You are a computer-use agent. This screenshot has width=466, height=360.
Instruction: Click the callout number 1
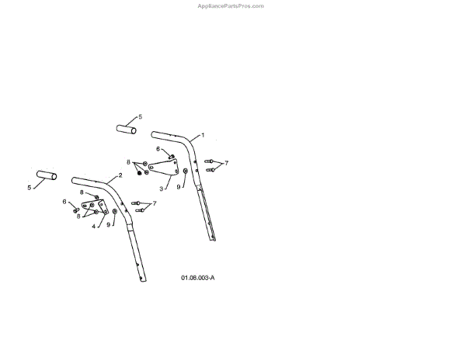[x=203, y=135]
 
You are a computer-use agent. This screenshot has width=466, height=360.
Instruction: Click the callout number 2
[x=120, y=176]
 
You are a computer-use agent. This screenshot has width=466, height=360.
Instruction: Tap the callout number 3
[x=161, y=188]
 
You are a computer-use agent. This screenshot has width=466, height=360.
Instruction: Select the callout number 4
[x=93, y=227]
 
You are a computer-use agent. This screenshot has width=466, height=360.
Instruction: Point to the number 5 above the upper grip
[x=141, y=117]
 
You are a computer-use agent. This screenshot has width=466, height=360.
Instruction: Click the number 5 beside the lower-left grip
[x=30, y=187]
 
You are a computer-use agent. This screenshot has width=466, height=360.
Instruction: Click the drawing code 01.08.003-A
[x=197, y=277]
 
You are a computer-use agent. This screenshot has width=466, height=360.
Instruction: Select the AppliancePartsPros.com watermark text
[x=231, y=5]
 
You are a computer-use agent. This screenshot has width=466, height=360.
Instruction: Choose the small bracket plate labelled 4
[x=97, y=209]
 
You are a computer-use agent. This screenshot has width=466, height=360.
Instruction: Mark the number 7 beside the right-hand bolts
[x=226, y=164]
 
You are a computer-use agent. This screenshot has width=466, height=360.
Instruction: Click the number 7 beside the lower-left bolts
[x=155, y=203]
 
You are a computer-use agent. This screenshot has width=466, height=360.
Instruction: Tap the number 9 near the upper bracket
[x=178, y=187]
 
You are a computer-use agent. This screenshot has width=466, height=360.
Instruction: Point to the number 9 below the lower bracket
[x=108, y=225]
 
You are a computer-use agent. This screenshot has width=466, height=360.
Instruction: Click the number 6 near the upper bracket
[x=158, y=148]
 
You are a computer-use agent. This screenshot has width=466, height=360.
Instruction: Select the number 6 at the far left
[x=64, y=202]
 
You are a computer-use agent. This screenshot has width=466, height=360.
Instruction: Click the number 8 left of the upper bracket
[x=128, y=161]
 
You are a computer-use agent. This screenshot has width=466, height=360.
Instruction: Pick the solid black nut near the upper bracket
[x=139, y=173]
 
